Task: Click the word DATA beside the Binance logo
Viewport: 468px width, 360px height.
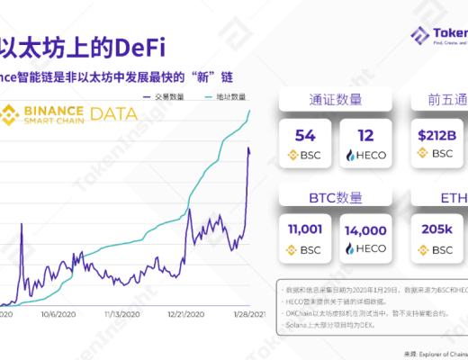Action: pos(113,114)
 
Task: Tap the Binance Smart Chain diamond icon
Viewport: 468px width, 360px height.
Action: pos(13,115)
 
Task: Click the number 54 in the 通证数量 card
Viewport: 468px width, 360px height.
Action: pos(305,135)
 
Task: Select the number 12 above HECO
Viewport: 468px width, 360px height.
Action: pos(365,135)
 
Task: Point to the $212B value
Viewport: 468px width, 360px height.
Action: pos(437,135)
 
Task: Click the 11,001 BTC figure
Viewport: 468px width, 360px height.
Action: pos(305,229)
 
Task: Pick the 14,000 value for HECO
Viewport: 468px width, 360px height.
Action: pos(365,229)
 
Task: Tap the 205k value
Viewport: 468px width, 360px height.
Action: pos(436,229)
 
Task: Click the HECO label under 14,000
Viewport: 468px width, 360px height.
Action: pos(370,248)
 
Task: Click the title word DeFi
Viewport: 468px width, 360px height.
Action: pos(145,45)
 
